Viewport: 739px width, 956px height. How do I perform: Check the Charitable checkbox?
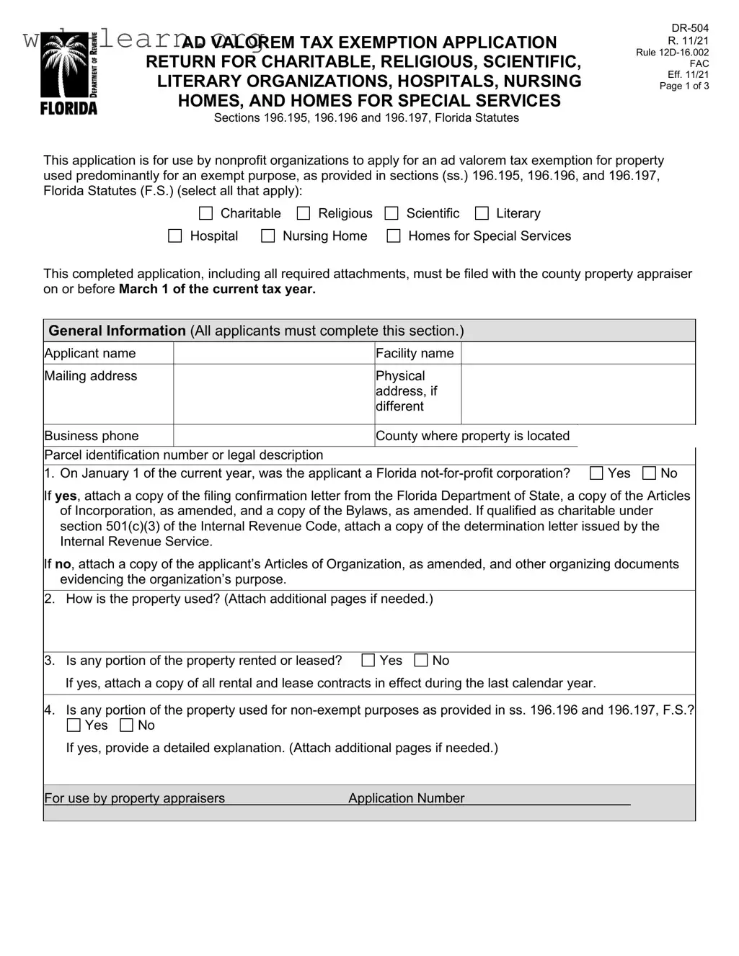tap(205, 213)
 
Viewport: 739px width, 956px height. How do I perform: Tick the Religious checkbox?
tap(304, 213)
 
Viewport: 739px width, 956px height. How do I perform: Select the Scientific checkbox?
tap(391, 213)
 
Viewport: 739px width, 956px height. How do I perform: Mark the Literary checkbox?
tap(482, 213)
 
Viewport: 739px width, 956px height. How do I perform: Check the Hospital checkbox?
tap(174, 236)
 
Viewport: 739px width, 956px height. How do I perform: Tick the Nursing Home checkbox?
tap(267, 236)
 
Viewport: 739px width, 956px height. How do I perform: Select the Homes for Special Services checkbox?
tap(394, 236)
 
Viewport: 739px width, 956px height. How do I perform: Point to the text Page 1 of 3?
tap(684, 86)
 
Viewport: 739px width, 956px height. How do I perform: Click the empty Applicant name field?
tap(273, 353)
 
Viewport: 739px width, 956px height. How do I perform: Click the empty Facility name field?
tap(578, 353)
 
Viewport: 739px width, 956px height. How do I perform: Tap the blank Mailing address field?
tap(273, 393)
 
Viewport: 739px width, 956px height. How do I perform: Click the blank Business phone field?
tap(273, 436)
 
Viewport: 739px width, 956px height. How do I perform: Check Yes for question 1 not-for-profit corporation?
tap(596, 473)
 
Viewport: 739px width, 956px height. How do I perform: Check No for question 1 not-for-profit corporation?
tap(649, 473)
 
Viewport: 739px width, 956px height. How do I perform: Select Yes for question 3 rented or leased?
tap(368, 661)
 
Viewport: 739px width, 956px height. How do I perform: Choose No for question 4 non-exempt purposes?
tap(126, 725)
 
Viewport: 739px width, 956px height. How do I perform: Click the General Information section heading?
tap(117, 331)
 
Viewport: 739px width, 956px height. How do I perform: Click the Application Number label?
tap(406, 798)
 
